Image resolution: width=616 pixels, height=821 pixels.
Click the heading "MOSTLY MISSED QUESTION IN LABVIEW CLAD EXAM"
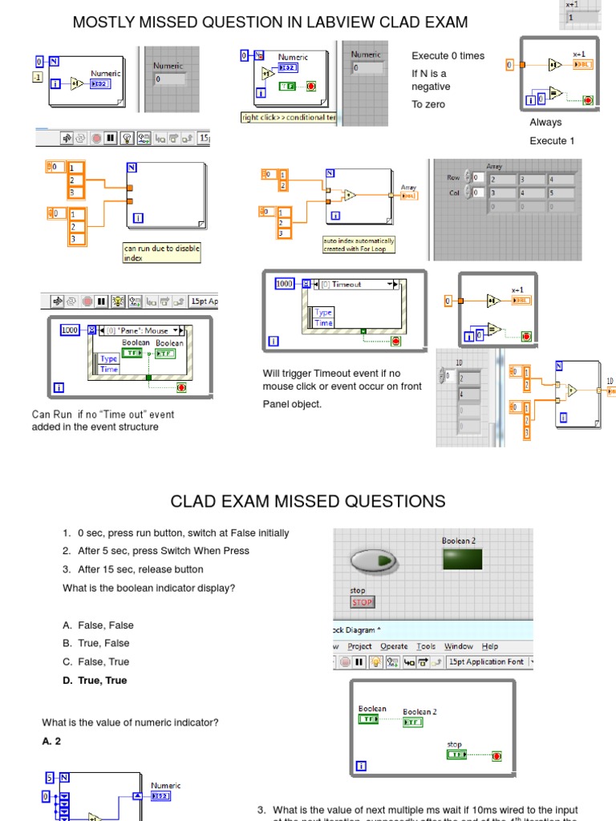[x=270, y=22]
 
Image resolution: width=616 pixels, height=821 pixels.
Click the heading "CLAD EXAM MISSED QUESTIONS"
[x=308, y=501]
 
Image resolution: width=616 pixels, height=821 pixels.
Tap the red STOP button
[x=363, y=602]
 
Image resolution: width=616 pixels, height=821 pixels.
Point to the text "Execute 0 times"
[x=448, y=56]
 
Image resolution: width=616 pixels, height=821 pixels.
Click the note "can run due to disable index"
[x=161, y=253]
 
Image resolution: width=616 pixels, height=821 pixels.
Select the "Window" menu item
[x=459, y=646]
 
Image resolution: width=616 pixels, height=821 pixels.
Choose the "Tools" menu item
[x=427, y=646]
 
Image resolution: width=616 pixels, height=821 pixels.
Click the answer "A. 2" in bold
[x=51, y=742]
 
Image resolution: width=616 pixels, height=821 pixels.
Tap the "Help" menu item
[x=490, y=646]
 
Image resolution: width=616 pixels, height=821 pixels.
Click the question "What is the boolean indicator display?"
[x=148, y=588]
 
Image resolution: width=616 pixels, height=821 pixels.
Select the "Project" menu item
[x=360, y=646]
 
